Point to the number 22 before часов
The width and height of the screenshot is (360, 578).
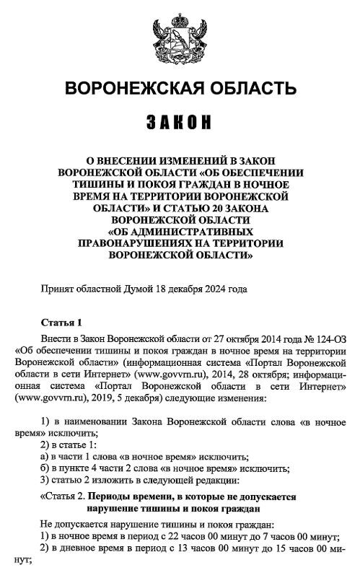(177, 536)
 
